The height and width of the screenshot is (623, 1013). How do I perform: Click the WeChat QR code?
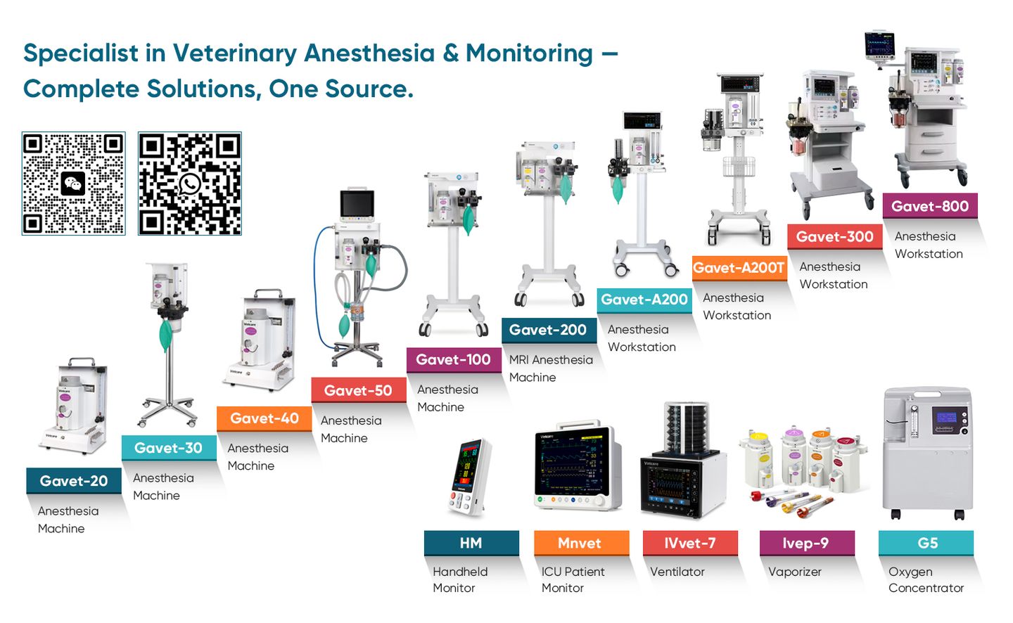[74, 184]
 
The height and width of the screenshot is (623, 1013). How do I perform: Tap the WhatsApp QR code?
[190, 184]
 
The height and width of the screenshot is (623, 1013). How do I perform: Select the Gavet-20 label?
[74, 481]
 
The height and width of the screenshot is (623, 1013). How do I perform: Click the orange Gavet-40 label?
[265, 418]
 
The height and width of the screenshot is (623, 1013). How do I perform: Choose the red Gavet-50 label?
[358, 390]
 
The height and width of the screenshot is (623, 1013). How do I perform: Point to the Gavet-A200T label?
[739, 268]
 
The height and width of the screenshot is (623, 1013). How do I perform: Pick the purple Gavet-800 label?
[930, 206]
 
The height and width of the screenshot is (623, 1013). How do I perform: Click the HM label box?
[471, 543]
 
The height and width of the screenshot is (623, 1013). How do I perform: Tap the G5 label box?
[926, 543]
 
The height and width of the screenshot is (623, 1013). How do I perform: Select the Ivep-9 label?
[806, 543]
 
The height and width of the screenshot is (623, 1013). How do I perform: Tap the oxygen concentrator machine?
[927, 454]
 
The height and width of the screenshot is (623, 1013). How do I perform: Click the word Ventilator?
[677, 572]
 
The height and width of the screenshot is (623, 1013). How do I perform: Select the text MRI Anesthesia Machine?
[550, 368]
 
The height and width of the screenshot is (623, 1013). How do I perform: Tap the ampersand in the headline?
[450, 53]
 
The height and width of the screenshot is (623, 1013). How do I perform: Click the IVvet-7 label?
[690, 543]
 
